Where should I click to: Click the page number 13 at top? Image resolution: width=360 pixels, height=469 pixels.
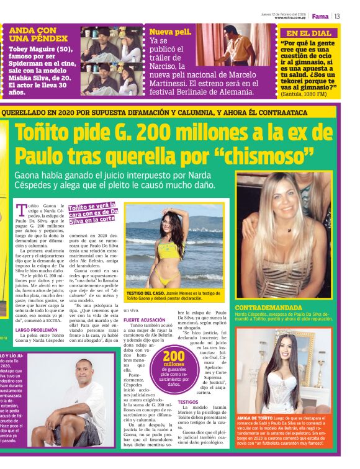click(x=337, y=16)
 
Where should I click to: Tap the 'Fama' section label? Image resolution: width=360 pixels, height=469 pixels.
click(x=320, y=16)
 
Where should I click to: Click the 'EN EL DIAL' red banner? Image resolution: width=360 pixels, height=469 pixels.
click(x=308, y=33)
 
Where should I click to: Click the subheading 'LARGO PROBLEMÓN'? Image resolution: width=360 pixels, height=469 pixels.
click(x=36, y=330)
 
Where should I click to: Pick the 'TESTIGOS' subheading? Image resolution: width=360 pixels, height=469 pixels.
click(x=188, y=402)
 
